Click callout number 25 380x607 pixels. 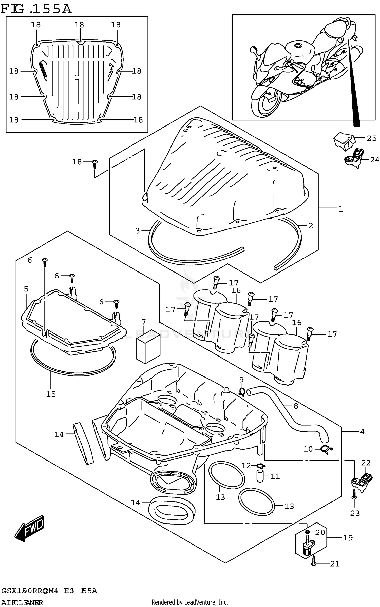click(371, 138)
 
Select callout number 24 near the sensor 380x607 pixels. click(374, 160)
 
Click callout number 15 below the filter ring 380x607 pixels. click(51, 394)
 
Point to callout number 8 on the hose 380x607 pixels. click(296, 406)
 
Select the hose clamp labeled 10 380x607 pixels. click(327, 449)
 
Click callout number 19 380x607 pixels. click(348, 538)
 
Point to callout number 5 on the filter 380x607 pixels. click(26, 289)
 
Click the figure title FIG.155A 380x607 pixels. click(36, 9)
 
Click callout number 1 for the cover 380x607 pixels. click(341, 209)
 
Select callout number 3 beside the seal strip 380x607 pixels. click(137, 231)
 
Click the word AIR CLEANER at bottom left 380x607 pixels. click(22, 602)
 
